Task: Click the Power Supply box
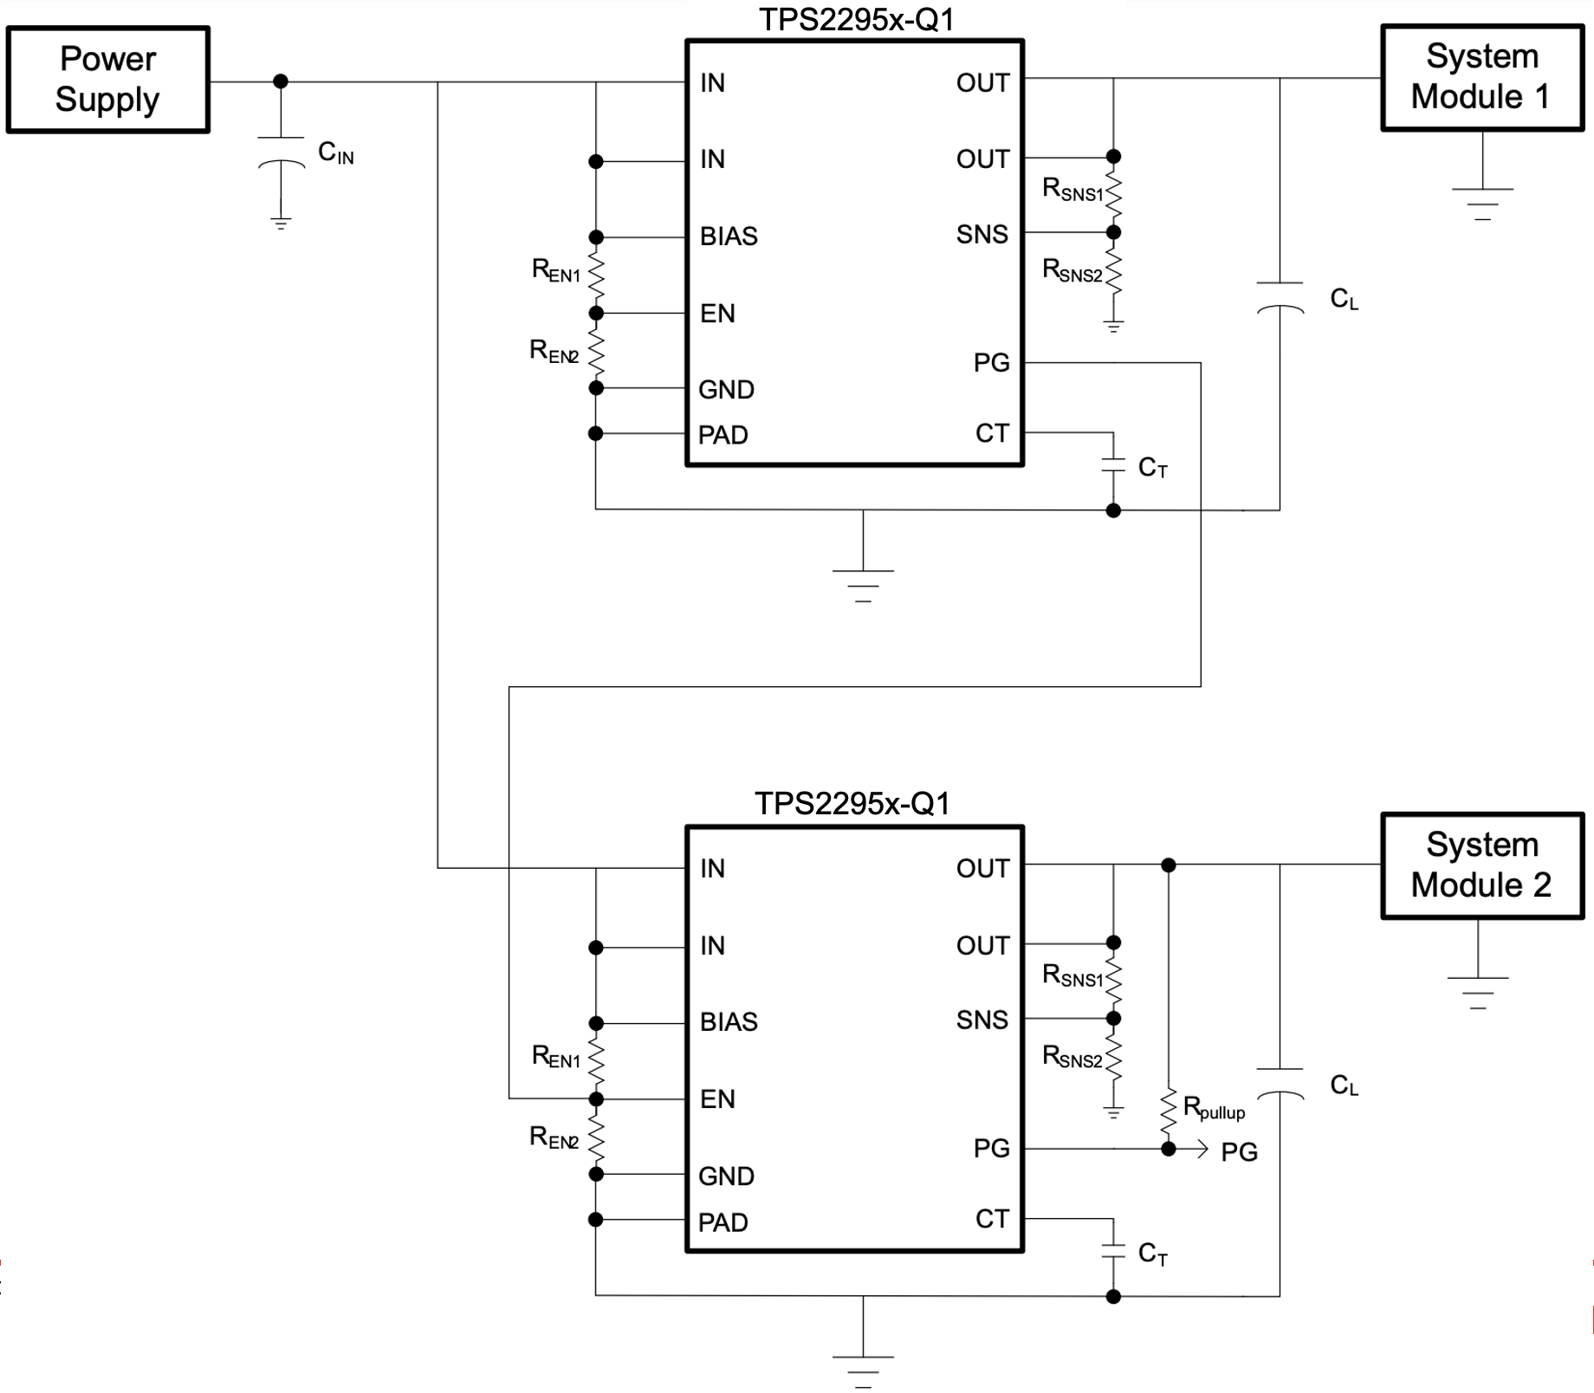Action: (x=108, y=79)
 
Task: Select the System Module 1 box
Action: (x=1481, y=77)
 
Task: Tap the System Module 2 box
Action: (x=1481, y=865)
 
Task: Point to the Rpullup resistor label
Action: (x=1214, y=1108)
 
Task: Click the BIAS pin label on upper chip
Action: (x=729, y=236)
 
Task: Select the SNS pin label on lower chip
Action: (x=982, y=1020)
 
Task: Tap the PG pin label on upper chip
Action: (x=991, y=363)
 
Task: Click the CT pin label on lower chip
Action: (x=992, y=1219)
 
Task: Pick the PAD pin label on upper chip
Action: (x=723, y=435)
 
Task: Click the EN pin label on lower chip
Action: (x=717, y=1099)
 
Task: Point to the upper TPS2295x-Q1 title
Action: (x=856, y=19)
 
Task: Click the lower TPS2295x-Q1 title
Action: (x=852, y=804)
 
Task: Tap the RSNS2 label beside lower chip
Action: (x=1072, y=1057)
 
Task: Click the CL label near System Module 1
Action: (x=1344, y=300)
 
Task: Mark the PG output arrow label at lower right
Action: (x=1239, y=1152)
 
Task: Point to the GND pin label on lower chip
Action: (x=726, y=1176)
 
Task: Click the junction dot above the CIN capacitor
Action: (x=281, y=81)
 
